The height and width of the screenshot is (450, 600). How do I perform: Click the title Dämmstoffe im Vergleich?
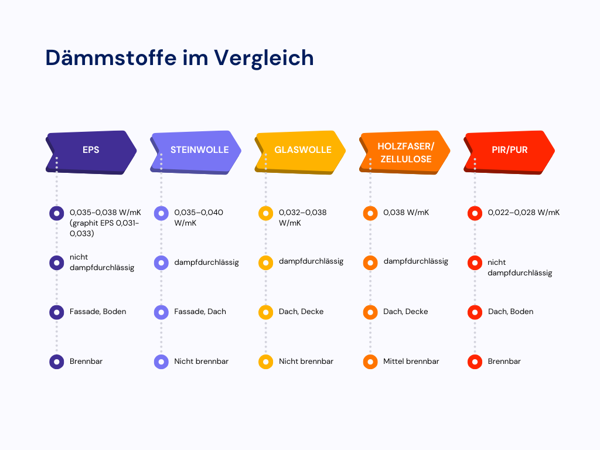pos(179,58)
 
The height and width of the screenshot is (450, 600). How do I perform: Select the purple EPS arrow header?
pos(91,150)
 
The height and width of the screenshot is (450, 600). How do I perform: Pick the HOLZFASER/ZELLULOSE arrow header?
pos(405,152)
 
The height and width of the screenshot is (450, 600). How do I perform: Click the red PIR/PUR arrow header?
pos(509,150)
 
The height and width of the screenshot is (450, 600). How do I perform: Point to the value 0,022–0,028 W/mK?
pos(524,213)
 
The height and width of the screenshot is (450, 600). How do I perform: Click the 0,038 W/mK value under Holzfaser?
pos(406,213)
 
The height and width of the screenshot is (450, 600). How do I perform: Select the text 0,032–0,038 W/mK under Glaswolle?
pos(302,217)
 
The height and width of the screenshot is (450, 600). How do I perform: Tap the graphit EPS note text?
pos(104,229)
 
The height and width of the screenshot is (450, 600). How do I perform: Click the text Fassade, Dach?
pos(200,312)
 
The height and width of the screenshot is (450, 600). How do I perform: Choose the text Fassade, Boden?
pos(98,312)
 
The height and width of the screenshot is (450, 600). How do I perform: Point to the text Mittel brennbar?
pos(411,362)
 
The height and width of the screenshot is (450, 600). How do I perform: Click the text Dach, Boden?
pos(510,312)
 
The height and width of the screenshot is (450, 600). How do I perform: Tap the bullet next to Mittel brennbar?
pos(370,362)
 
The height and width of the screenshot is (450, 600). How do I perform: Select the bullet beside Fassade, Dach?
pos(161,312)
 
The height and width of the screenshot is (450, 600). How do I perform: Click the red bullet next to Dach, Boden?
pos(475,312)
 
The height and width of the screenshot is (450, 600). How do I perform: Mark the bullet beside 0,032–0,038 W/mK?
pos(265,214)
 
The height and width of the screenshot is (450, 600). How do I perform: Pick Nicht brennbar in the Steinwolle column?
pos(201,362)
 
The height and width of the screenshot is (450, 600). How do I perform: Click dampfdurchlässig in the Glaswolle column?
pos(311,261)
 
